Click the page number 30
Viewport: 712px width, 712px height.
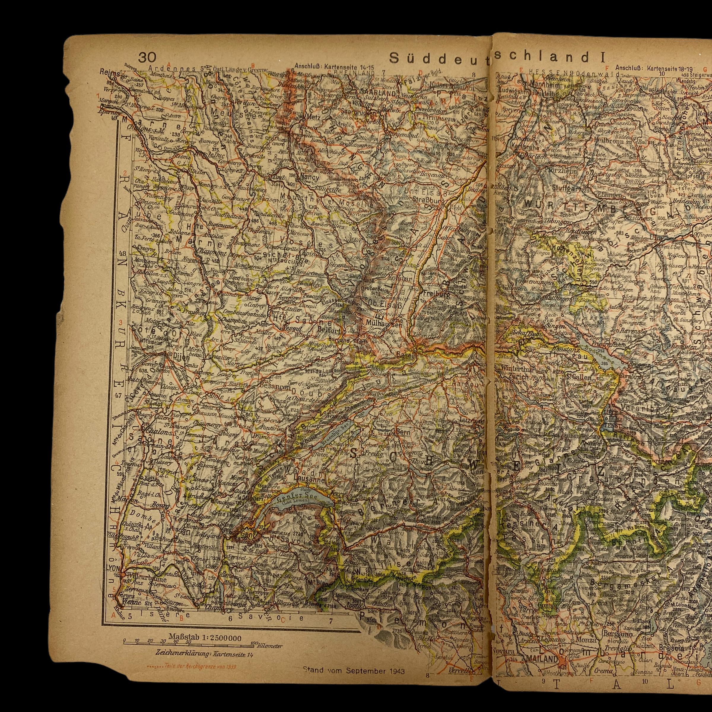point(147,58)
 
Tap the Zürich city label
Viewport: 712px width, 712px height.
point(518,377)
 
